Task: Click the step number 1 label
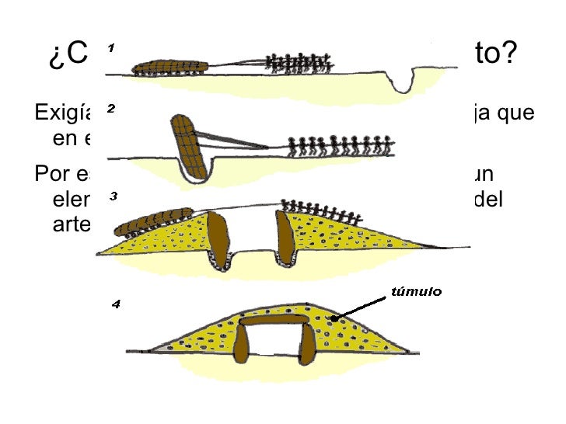(110, 49)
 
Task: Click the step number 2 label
(110, 109)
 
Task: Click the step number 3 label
(112, 196)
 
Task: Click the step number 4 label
(115, 304)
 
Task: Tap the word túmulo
(414, 292)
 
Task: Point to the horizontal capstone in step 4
(277, 320)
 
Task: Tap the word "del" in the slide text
(487, 199)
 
